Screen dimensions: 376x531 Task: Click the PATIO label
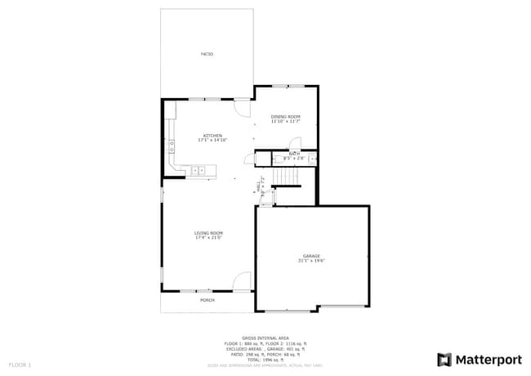[207, 54]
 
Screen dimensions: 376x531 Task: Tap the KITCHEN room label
[212, 136]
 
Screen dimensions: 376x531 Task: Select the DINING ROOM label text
[286, 117]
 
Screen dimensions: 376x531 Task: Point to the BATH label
[293, 154]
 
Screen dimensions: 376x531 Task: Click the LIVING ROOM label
[208, 233]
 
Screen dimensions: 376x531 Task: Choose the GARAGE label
[312, 256]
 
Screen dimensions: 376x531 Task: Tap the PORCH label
[207, 300]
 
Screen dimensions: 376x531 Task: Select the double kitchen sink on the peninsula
[199, 170]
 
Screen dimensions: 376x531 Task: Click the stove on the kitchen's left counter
[172, 146]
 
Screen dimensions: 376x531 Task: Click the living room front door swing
[242, 282]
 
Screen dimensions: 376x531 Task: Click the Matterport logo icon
[444, 359]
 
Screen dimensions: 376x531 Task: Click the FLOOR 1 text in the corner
[20, 364]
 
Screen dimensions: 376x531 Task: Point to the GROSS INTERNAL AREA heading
[265, 338]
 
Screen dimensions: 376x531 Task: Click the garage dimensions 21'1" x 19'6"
[312, 261]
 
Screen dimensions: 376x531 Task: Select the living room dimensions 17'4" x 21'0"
[208, 238]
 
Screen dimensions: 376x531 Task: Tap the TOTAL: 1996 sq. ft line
[265, 360]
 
